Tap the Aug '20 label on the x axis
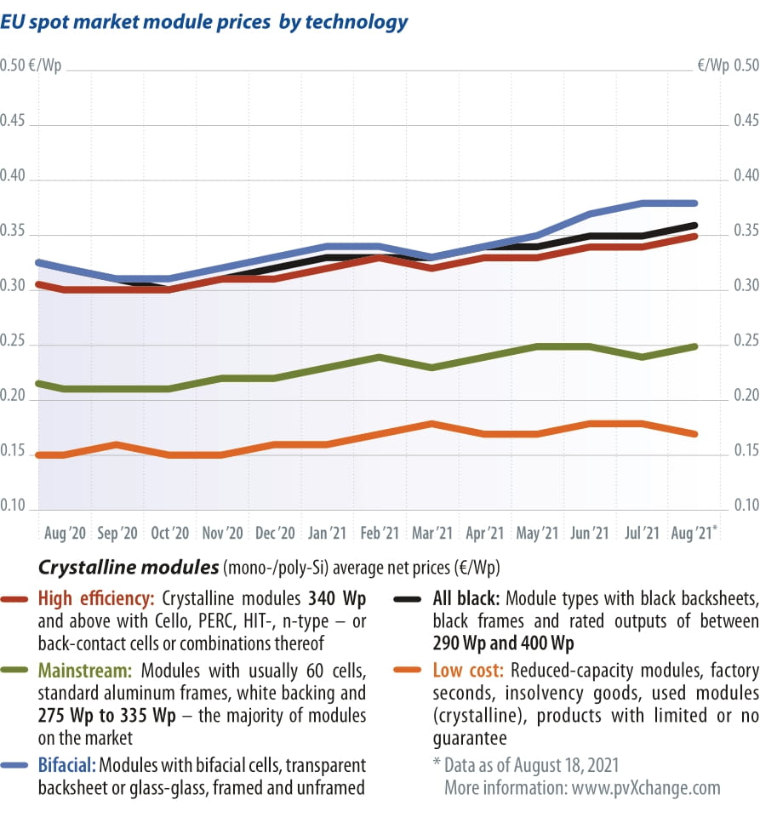pos(65,534)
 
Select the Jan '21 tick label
pos(327,534)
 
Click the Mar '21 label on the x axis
pos(431,534)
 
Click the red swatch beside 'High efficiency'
pos(17,599)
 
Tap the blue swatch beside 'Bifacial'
pos(17,764)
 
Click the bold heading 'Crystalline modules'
pos(128,566)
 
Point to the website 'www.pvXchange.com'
pos(646,787)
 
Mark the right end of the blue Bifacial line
pos(695,203)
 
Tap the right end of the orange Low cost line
pos(695,434)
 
